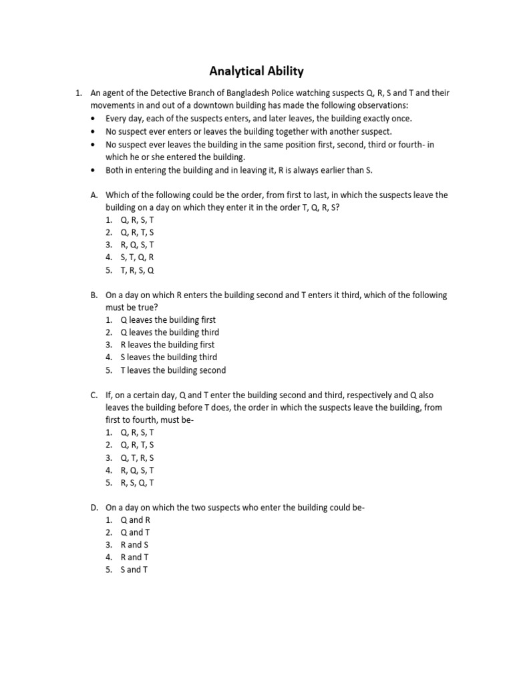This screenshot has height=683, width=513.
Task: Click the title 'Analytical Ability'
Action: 256,70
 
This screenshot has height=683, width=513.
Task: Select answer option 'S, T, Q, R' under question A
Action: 137,257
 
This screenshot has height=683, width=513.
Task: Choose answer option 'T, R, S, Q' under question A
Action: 137,270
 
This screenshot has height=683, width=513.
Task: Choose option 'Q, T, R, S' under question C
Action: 137,458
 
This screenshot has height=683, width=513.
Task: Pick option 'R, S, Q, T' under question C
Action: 137,483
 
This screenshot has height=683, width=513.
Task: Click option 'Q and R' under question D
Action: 136,520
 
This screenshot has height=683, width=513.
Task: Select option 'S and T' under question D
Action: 134,570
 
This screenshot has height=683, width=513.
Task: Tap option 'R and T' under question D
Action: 134,558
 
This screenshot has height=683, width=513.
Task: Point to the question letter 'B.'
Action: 94,295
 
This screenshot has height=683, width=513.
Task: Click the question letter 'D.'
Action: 95,508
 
